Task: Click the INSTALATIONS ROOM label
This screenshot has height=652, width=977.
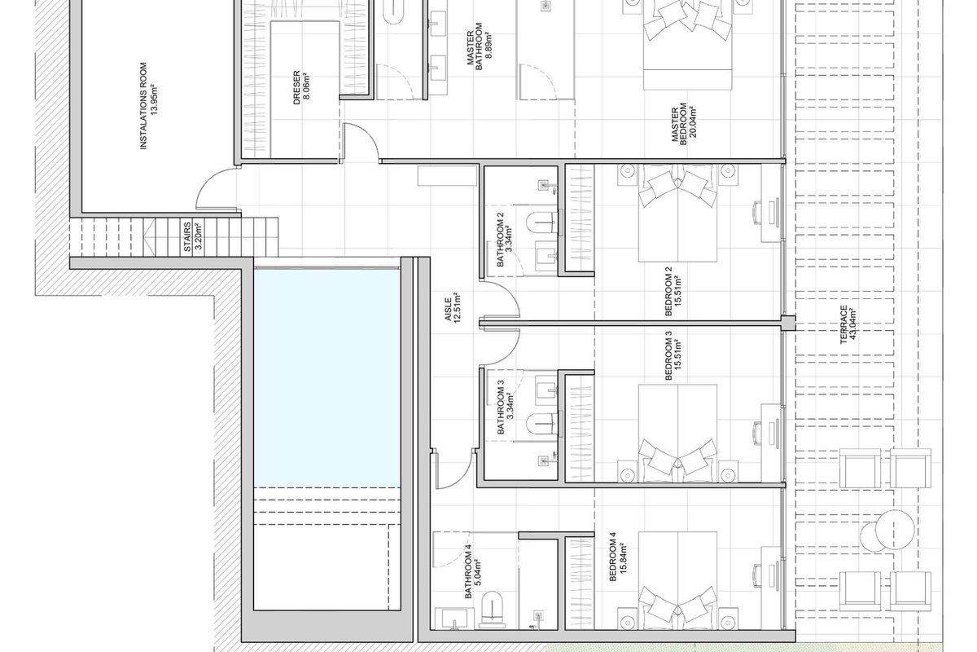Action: click(143, 106)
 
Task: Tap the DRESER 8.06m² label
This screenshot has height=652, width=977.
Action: click(301, 88)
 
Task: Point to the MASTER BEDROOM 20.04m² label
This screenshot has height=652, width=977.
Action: click(683, 123)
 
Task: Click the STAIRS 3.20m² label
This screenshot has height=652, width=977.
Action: click(192, 236)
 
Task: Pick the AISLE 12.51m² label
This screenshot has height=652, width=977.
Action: click(453, 307)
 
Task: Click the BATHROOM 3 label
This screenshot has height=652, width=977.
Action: click(500, 407)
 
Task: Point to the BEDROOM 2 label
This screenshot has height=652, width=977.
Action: click(668, 291)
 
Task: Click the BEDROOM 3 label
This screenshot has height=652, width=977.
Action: click(668, 355)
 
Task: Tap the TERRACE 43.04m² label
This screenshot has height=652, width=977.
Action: click(848, 324)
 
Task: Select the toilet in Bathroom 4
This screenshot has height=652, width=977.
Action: click(492, 606)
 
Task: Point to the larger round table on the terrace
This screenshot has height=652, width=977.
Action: click(895, 530)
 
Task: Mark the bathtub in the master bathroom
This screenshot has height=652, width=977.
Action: click(394, 16)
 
